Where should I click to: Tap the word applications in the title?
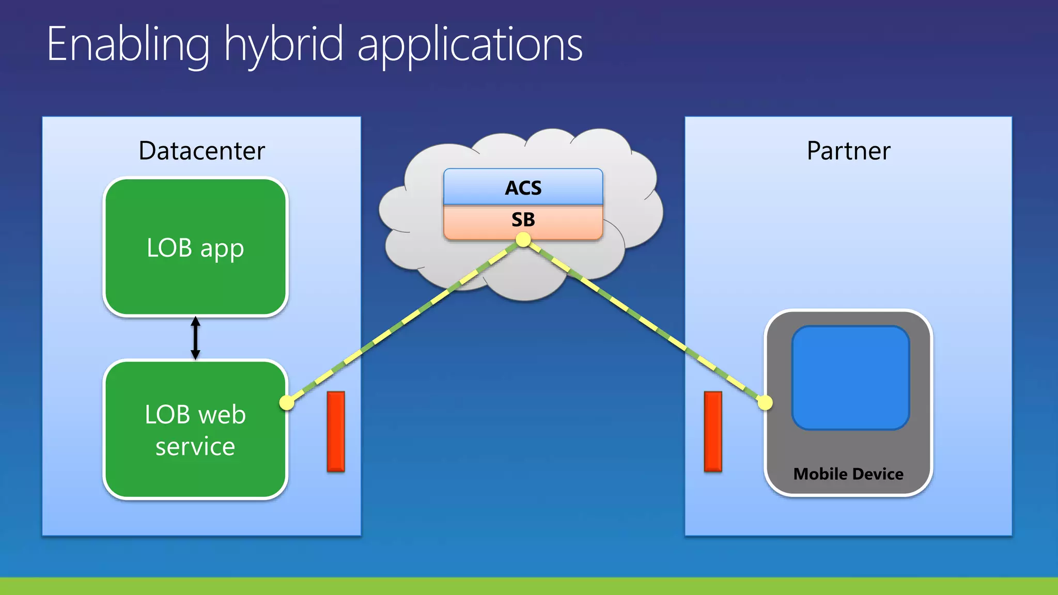click(x=470, y=45)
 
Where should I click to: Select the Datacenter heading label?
click(x=201, y=151)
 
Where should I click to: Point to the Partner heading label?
click(x=848, y=151)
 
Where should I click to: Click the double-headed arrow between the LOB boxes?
click(x=195, y=338)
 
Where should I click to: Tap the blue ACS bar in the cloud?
click(x=523, y=187)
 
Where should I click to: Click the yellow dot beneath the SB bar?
click(x=523, y=240)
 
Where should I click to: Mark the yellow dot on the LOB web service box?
click(x=287, y=402)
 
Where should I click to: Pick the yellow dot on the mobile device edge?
click(x=765, y=402)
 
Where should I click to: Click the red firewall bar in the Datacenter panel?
click(x=336, y=431)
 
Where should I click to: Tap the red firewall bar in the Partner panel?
click(x=713, y=431)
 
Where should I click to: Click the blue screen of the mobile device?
click(x=850, y=378)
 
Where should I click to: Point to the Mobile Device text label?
click(x=848, y=474)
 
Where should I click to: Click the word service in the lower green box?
click(x=195, y=446)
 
